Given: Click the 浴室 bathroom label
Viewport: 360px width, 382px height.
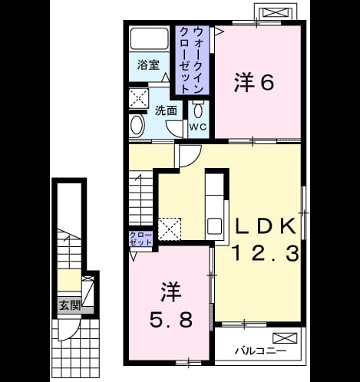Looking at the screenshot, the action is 148,65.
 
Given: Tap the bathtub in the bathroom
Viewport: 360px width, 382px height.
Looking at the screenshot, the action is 150,38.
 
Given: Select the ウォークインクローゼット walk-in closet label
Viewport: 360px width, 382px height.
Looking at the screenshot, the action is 192,60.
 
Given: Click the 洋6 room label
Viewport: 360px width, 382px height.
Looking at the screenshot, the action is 254,82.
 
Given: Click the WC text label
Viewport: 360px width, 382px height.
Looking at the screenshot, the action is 198,127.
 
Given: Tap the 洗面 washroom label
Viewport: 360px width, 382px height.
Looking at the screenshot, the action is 166,111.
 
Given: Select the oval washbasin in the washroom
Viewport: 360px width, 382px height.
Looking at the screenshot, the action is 137,124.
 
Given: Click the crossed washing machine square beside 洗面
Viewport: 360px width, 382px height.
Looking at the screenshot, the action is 138,98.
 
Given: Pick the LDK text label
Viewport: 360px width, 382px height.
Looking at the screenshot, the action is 266,226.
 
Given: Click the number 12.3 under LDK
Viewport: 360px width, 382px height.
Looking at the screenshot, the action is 266,253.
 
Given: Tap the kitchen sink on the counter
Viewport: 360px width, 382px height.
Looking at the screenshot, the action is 214,226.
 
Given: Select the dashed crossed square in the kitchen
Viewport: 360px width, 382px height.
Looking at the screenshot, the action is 170,229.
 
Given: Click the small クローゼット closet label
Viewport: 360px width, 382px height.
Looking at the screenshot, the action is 140,239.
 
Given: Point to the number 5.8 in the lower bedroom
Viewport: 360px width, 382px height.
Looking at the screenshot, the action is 170,320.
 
